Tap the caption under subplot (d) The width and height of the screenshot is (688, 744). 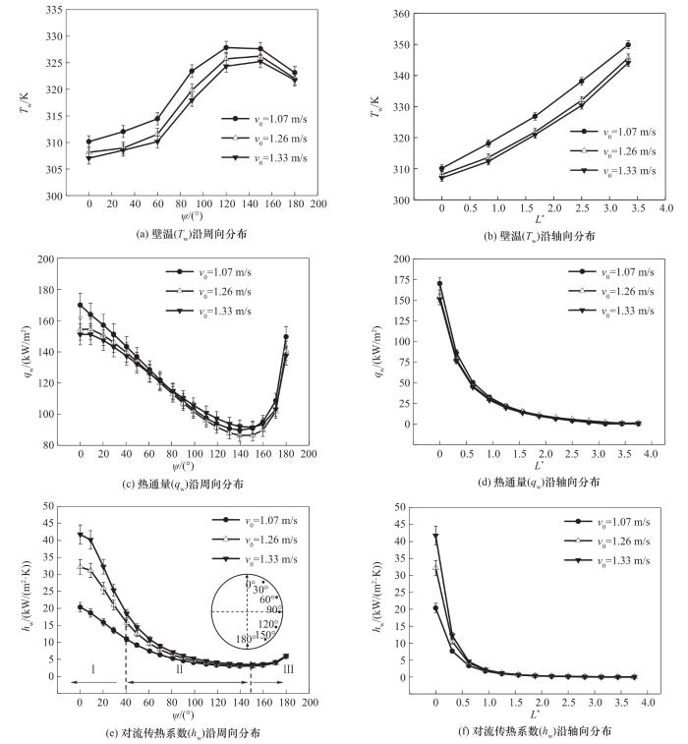[x=537, y=484]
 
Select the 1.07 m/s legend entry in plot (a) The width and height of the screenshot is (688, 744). [x=259, y=117]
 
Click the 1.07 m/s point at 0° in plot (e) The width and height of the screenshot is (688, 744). [x=81, y=607]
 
